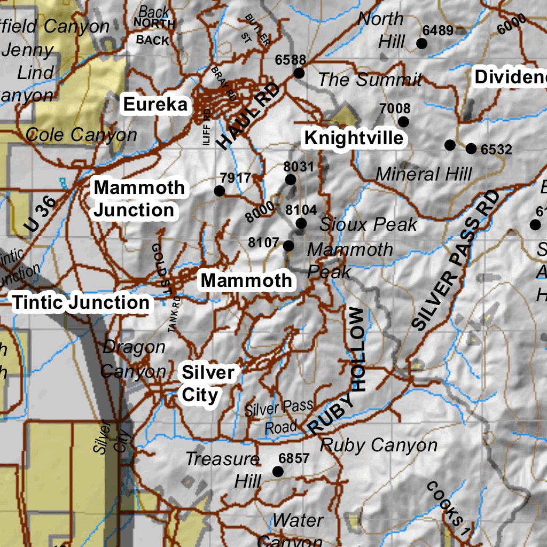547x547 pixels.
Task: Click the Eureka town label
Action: tap(155, 105)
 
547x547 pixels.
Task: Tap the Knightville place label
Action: tap(354, 138)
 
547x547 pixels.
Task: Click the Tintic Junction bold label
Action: tap(81, 302)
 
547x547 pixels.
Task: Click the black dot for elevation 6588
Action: tap(299, 73)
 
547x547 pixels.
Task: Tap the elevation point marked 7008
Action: tap(403, 122)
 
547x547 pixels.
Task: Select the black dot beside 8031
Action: tap(291, 179)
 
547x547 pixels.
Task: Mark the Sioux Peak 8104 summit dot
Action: tap(301, 223)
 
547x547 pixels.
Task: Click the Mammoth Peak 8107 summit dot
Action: tap(288, 246)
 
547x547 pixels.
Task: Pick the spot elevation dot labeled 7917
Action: tap(219, 191)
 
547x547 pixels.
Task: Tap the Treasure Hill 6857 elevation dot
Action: tap(278, 471)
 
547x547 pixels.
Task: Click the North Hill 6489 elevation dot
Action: tap(421, 43)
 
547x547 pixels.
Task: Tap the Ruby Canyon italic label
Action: tap(378, 445)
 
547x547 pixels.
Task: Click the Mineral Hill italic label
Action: tap(424, 174)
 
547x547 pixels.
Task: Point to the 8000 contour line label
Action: tap(260, 212)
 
